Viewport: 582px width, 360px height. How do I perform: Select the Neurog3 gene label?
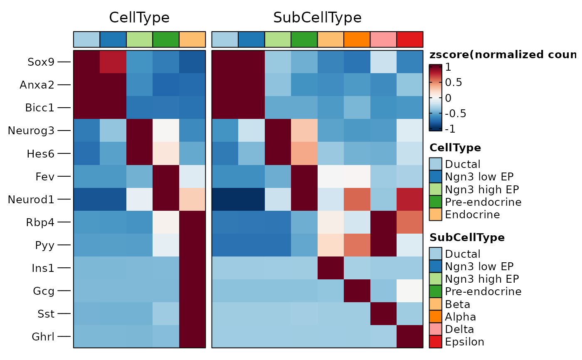coord(31,131)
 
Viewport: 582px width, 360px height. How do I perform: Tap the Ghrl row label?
coord(44,336)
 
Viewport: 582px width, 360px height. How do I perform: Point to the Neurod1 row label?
coord(31,199)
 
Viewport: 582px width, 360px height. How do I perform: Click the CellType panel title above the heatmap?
coord(139,17)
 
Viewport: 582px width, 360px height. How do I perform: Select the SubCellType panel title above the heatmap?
coord(317,17)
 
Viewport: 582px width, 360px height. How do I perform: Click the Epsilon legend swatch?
coord(435,342)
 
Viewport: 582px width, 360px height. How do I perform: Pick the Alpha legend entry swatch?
coord(435,317)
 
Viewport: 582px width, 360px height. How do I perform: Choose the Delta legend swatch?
coord(435,329)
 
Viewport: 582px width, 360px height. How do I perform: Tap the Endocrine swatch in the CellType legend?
coord(435,215)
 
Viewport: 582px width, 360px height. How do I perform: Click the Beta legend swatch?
coord(435,304)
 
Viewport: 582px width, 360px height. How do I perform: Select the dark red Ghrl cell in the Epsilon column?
coord(410,336)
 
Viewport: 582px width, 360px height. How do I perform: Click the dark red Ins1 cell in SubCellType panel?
coord(330,268)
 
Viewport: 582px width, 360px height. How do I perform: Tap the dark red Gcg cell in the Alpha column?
coord(357,291)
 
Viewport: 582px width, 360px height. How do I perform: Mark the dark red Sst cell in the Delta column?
coord(383,313)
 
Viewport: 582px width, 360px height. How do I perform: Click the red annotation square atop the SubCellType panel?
coord(410,39)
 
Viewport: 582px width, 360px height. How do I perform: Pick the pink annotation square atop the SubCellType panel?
coord(383,39)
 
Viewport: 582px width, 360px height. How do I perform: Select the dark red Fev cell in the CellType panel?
coord(166,176)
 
